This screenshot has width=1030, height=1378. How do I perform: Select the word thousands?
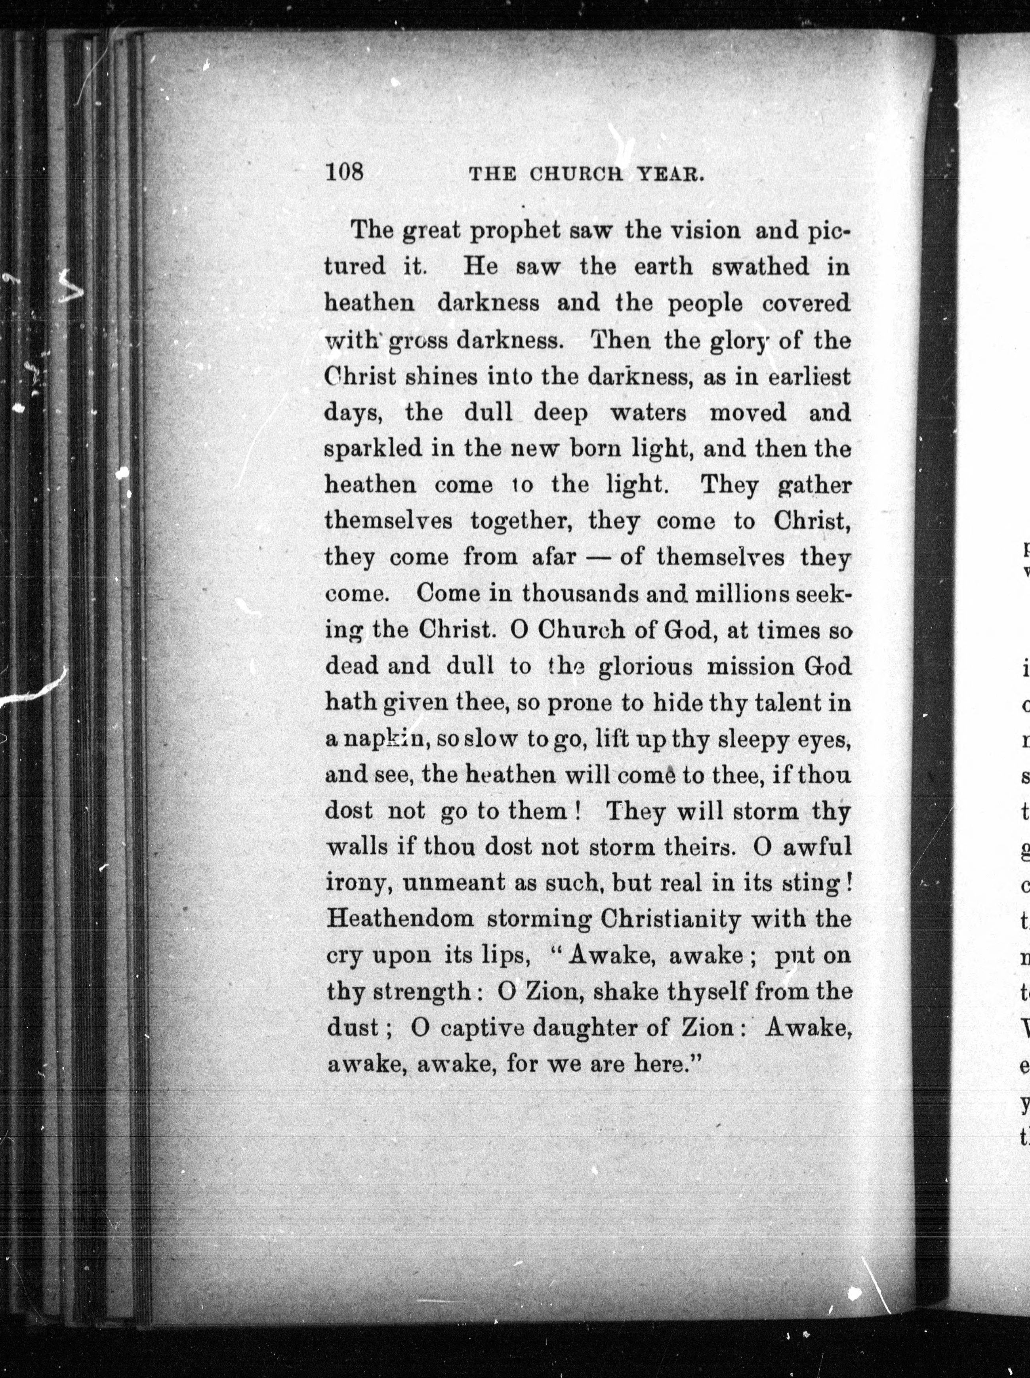coord(580,593)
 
